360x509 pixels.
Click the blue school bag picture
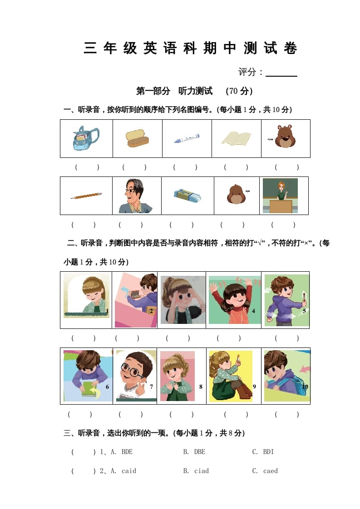pyautogui.click(x=86, y=138)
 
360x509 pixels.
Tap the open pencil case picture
pyautogui.click(x=137, y=138)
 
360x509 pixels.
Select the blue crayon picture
pyautogui.click(x=187, y=138)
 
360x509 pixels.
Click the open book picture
pyautogui.click(x=237, y=138)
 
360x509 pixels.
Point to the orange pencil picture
pyautogui.click(x=86, y=196)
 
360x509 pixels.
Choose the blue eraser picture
pyautogui.click(x=187, y=196)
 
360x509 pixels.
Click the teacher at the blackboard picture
pyautogui.click(x=280, y=196)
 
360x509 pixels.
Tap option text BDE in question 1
pyautogui.click(x=127, y=452)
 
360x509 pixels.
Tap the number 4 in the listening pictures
pyautogui.click(x=253, y=311)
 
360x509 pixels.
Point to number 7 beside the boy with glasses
pyautogui.click(x=151, y=387)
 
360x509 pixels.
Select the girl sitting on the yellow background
pyautogui.click(x=230, y=376)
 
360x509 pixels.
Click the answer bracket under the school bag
pyautogui.click(x=87, y=167)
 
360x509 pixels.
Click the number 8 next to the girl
pyautogui.click(x=200, y=387)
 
